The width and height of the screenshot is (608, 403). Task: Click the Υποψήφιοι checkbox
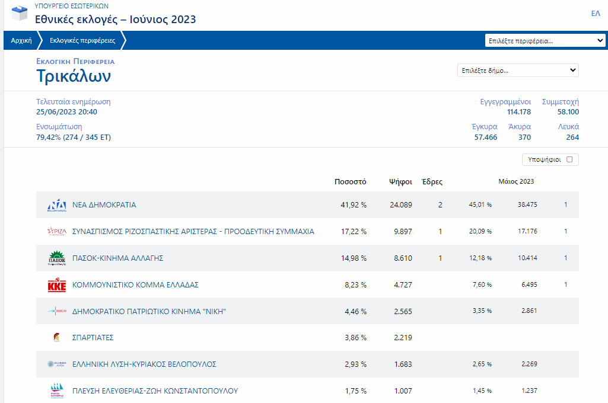569,159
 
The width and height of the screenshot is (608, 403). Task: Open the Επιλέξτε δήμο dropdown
518,71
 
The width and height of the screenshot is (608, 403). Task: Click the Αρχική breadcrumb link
21,41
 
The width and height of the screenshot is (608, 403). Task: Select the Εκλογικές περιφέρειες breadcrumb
82,41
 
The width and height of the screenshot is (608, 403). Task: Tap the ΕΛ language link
596,14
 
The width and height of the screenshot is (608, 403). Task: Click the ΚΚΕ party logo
57,285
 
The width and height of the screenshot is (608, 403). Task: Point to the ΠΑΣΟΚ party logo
57,258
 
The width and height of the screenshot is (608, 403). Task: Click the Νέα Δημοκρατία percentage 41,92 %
354,205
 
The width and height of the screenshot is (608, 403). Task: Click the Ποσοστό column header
351,182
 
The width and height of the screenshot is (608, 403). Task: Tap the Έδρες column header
431,182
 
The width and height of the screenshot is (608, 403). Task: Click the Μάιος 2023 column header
516,182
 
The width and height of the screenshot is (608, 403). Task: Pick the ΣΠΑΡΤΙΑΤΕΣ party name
93,338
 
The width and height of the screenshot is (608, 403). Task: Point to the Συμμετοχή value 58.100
568,112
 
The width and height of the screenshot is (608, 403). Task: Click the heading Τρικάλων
74,76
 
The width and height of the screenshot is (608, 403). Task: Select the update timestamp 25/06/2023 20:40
66,112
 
